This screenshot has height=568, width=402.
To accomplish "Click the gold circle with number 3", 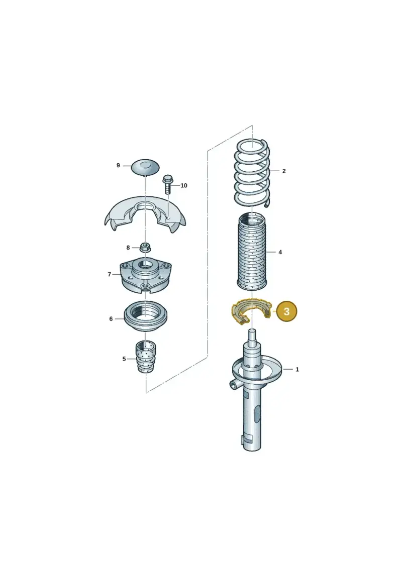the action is tap(286, 311).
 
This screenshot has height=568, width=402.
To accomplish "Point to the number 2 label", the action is tap(284, 171).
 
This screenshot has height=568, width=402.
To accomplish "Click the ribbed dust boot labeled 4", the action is tap(252, 252).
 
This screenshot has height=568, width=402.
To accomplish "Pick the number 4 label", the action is tap(280, 252).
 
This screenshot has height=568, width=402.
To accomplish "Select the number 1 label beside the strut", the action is tap(297, 370).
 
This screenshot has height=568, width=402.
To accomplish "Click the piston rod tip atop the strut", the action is tap(253, 333).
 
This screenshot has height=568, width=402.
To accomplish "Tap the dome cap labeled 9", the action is tap(145, 167).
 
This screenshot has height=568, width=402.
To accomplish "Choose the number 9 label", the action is tap(118, 166).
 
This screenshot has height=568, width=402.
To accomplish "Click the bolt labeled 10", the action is tap(168, 184).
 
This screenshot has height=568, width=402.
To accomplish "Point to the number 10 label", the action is tap(184, 186).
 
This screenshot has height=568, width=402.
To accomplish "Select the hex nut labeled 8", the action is tap(145, 248).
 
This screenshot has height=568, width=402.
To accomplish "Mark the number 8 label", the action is tap(128, 248).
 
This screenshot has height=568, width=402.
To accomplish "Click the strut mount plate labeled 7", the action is tap(145, 275).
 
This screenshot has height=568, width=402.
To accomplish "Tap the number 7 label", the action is tap(109, 275).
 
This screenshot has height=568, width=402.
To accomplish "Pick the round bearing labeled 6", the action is tap(145, 316).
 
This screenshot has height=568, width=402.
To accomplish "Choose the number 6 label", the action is tap(111, 319).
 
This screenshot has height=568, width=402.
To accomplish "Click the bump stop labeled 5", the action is tap(146, 357).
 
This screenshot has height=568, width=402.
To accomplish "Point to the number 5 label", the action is tap(124, 359).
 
